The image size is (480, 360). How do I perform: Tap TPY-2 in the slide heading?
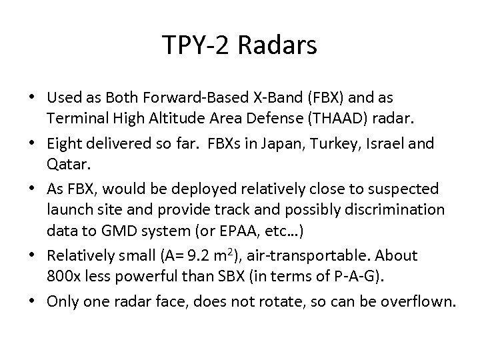(195, 46)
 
